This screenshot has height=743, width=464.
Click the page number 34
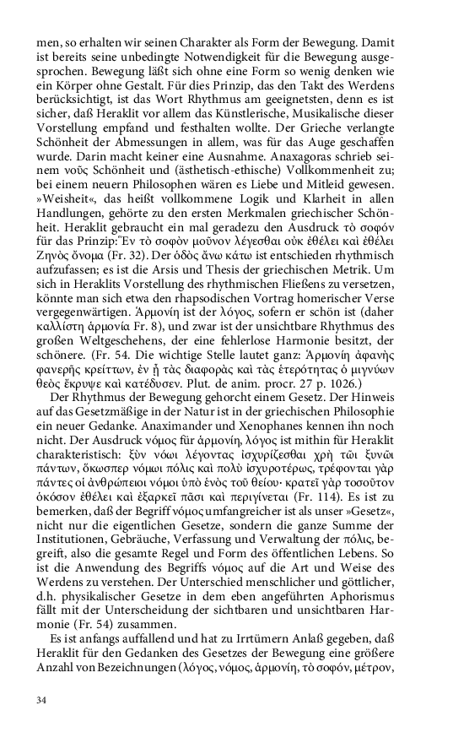[x=42, y=700]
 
